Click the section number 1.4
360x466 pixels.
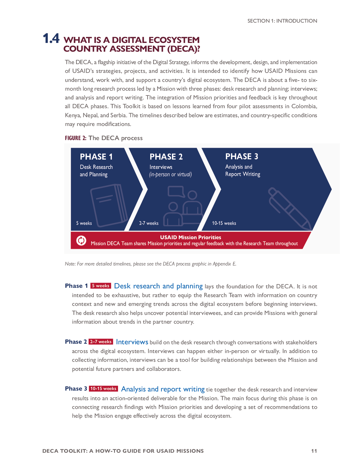[x=51, y=39]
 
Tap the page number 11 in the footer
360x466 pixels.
[x=314, y=451]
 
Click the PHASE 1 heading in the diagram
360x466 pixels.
[x=96, y=157]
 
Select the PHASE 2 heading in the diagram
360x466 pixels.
[x=166, y=157]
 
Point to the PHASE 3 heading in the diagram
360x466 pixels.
[x=242, y=156]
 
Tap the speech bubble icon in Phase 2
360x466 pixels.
[x=176, y=191]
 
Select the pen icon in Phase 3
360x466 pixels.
[x=289, y=208]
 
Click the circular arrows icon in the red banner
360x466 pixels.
[x=81, y=241]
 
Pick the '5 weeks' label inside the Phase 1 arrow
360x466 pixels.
[x=84, y=223]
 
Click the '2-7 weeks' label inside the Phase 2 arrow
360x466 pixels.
[x=149, y=223]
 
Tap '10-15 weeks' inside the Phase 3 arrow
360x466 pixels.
[x=224, y=223]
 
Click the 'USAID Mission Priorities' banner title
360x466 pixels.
[x=191, y=237]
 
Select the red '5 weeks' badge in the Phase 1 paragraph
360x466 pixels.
[x=101, y=286]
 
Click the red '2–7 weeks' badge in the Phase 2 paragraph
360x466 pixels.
[x=101, y=342]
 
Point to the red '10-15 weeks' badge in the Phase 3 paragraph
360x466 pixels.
[x=103, y=389]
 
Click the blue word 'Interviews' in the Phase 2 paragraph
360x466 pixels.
[x=132, y=342]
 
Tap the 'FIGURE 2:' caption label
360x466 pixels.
[x=76, y=138]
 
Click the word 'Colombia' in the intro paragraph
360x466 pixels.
[x=304, y=106]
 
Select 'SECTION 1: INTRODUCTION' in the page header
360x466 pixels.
[x=282, y=21]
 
